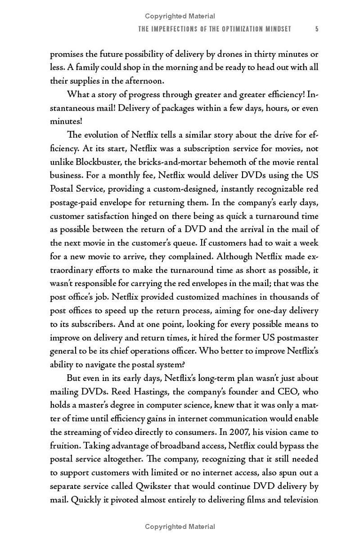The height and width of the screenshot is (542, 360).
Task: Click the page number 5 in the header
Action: (317, 29)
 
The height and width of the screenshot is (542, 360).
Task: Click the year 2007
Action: (230, 432)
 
